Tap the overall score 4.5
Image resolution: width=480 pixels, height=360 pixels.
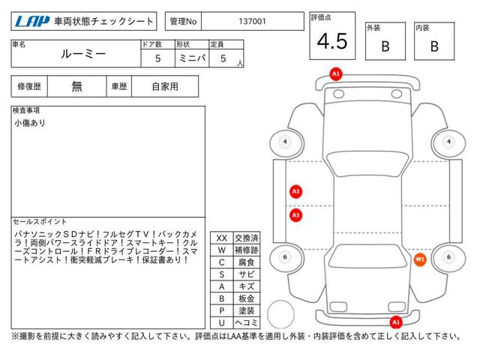(x=332, y=41)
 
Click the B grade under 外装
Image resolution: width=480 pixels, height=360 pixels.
(x=385, y=46)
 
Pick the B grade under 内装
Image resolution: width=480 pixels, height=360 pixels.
(x=434, y=46)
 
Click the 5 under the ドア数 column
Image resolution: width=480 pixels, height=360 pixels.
(x=156, y=58)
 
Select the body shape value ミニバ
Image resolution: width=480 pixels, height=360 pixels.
(x=190, y=58)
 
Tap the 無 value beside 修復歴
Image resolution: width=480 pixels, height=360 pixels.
(x=76, y=86)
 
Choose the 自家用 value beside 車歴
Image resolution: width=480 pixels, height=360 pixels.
(x=164, y=86)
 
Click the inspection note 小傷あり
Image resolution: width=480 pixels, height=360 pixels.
(x=30, y=122)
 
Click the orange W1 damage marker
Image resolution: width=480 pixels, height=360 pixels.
(x=420, y=259)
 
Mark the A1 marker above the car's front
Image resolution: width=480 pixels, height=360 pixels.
(x=335, y=73)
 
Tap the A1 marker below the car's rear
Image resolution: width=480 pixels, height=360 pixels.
(x=395, y=322)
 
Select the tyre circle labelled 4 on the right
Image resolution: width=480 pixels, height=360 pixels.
(x=448, y=142)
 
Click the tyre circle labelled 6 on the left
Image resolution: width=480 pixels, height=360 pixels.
(x=284, y=257)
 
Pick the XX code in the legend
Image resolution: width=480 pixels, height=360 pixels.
(x=221, y=238)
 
